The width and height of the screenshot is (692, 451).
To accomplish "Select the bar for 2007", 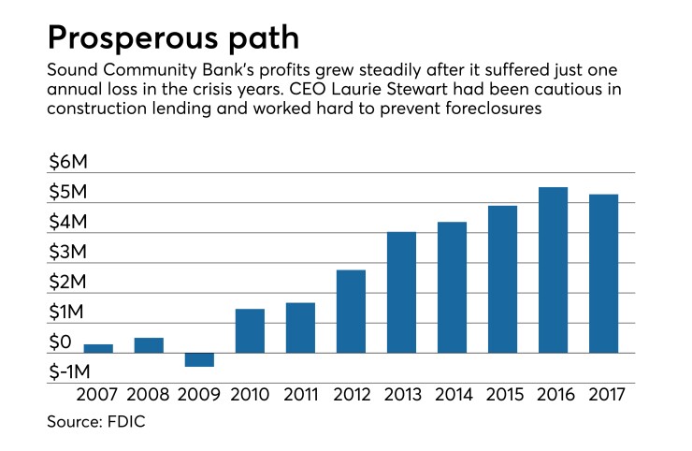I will [98, 348].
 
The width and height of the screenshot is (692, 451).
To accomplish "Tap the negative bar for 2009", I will [199, 360].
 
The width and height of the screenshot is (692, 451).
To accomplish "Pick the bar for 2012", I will [351, 311].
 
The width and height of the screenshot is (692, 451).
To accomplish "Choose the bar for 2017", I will [603, 273].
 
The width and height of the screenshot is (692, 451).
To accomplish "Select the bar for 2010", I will [250, 330].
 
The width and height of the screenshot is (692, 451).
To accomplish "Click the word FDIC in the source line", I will [127, 423].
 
